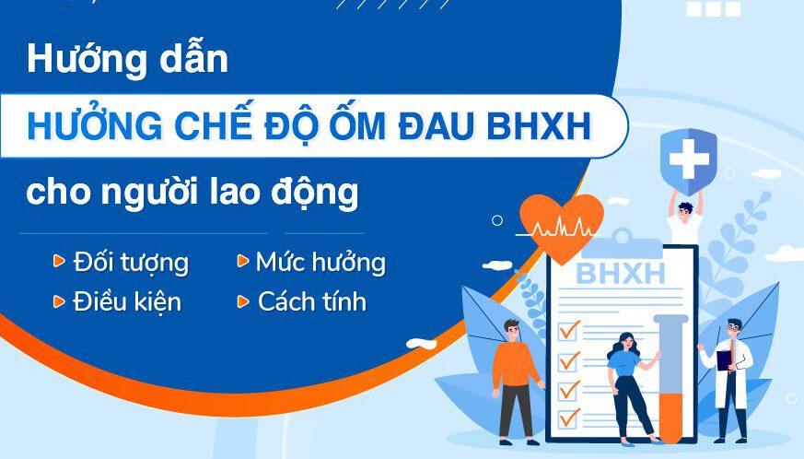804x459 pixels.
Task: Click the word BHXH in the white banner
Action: (x=539, y=125)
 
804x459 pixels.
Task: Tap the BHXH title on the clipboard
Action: (x=621, y=274)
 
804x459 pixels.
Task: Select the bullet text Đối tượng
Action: (x=132, y=263)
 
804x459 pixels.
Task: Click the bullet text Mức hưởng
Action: (x=321, y=263)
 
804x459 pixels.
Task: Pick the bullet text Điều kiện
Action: (x=127, y=301)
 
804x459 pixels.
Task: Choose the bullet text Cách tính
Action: (x=312, y=301)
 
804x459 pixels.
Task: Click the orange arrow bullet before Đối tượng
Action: (x=59, y=261)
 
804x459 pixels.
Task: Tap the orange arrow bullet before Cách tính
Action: (x=242, y=301)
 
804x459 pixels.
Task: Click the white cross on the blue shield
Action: (x=689, y=159)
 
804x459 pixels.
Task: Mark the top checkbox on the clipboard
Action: (x=568, y=330)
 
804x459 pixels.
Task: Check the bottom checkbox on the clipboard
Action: (x=568, y=418)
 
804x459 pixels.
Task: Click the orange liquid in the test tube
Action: (x=670, y=417)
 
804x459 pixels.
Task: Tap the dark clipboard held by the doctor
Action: (x=724, y=359)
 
